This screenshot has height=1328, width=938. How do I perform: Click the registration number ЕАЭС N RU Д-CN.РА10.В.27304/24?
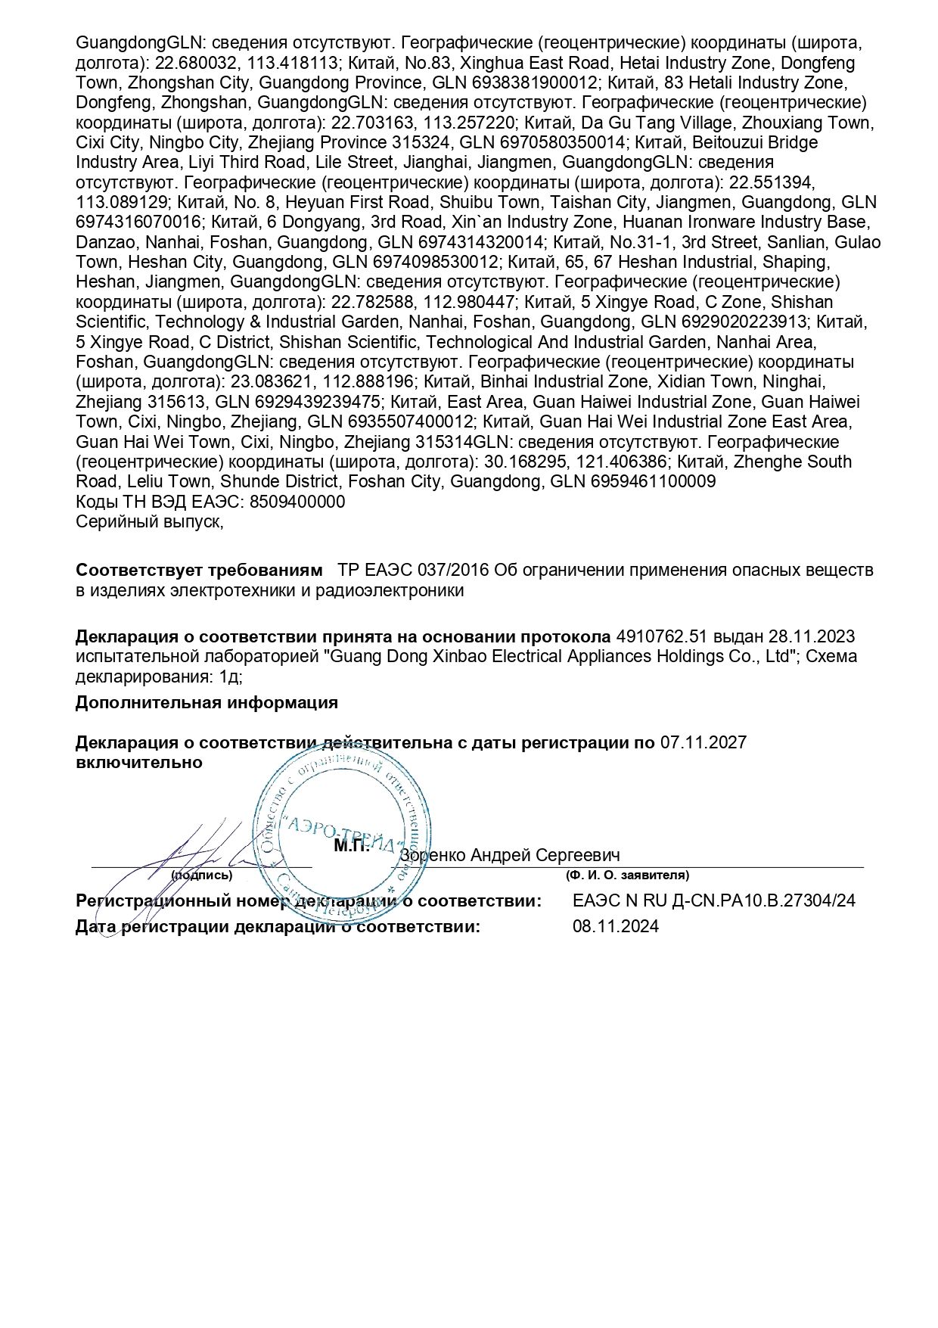[714, 900]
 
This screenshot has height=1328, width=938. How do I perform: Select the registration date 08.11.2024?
[616, 926]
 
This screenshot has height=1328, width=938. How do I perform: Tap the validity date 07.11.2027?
[703, 742]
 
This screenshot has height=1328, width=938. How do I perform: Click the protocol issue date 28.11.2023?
[812, 636]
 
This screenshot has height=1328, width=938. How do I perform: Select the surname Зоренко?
[433, 855]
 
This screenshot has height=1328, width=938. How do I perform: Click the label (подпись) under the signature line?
[201, 875]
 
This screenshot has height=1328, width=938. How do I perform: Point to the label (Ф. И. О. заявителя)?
[627, 875]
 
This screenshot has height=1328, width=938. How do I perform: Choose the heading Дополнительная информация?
[207, 702]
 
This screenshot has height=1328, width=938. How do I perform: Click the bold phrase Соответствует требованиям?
[199, 570]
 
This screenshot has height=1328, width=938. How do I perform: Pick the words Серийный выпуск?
[149, 521]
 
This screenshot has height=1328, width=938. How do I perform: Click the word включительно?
[139, 762]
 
